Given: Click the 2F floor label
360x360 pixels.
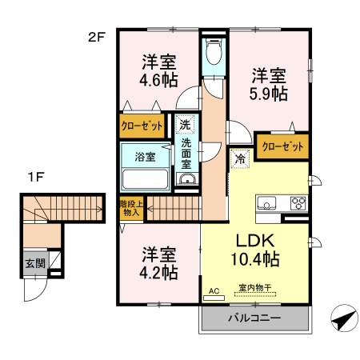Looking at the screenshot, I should click(x=97, y=36).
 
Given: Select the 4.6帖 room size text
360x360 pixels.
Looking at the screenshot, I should click(x=159, y=80).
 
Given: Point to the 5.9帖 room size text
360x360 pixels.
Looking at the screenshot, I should click(x=270, y=94).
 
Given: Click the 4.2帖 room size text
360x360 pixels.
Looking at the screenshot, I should click(x=159, y=272).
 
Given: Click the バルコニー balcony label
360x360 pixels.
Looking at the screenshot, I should click(x=254, y=318).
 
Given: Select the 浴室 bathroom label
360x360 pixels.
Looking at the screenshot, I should click(x=145, y=157).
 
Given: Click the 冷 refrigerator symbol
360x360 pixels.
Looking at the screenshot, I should click(x=240, y=158).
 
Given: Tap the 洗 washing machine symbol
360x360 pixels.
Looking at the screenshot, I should click(x=185, y=125).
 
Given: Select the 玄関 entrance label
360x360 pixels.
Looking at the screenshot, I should click(x=34, y=264).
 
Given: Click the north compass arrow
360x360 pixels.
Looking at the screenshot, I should click(x=342, y=319).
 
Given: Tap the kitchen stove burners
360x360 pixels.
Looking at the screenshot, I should click(x=298, y=202).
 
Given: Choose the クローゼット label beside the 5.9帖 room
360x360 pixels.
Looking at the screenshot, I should click(x=282, y=147).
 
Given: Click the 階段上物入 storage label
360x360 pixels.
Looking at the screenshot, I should click(x=130, y=208).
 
